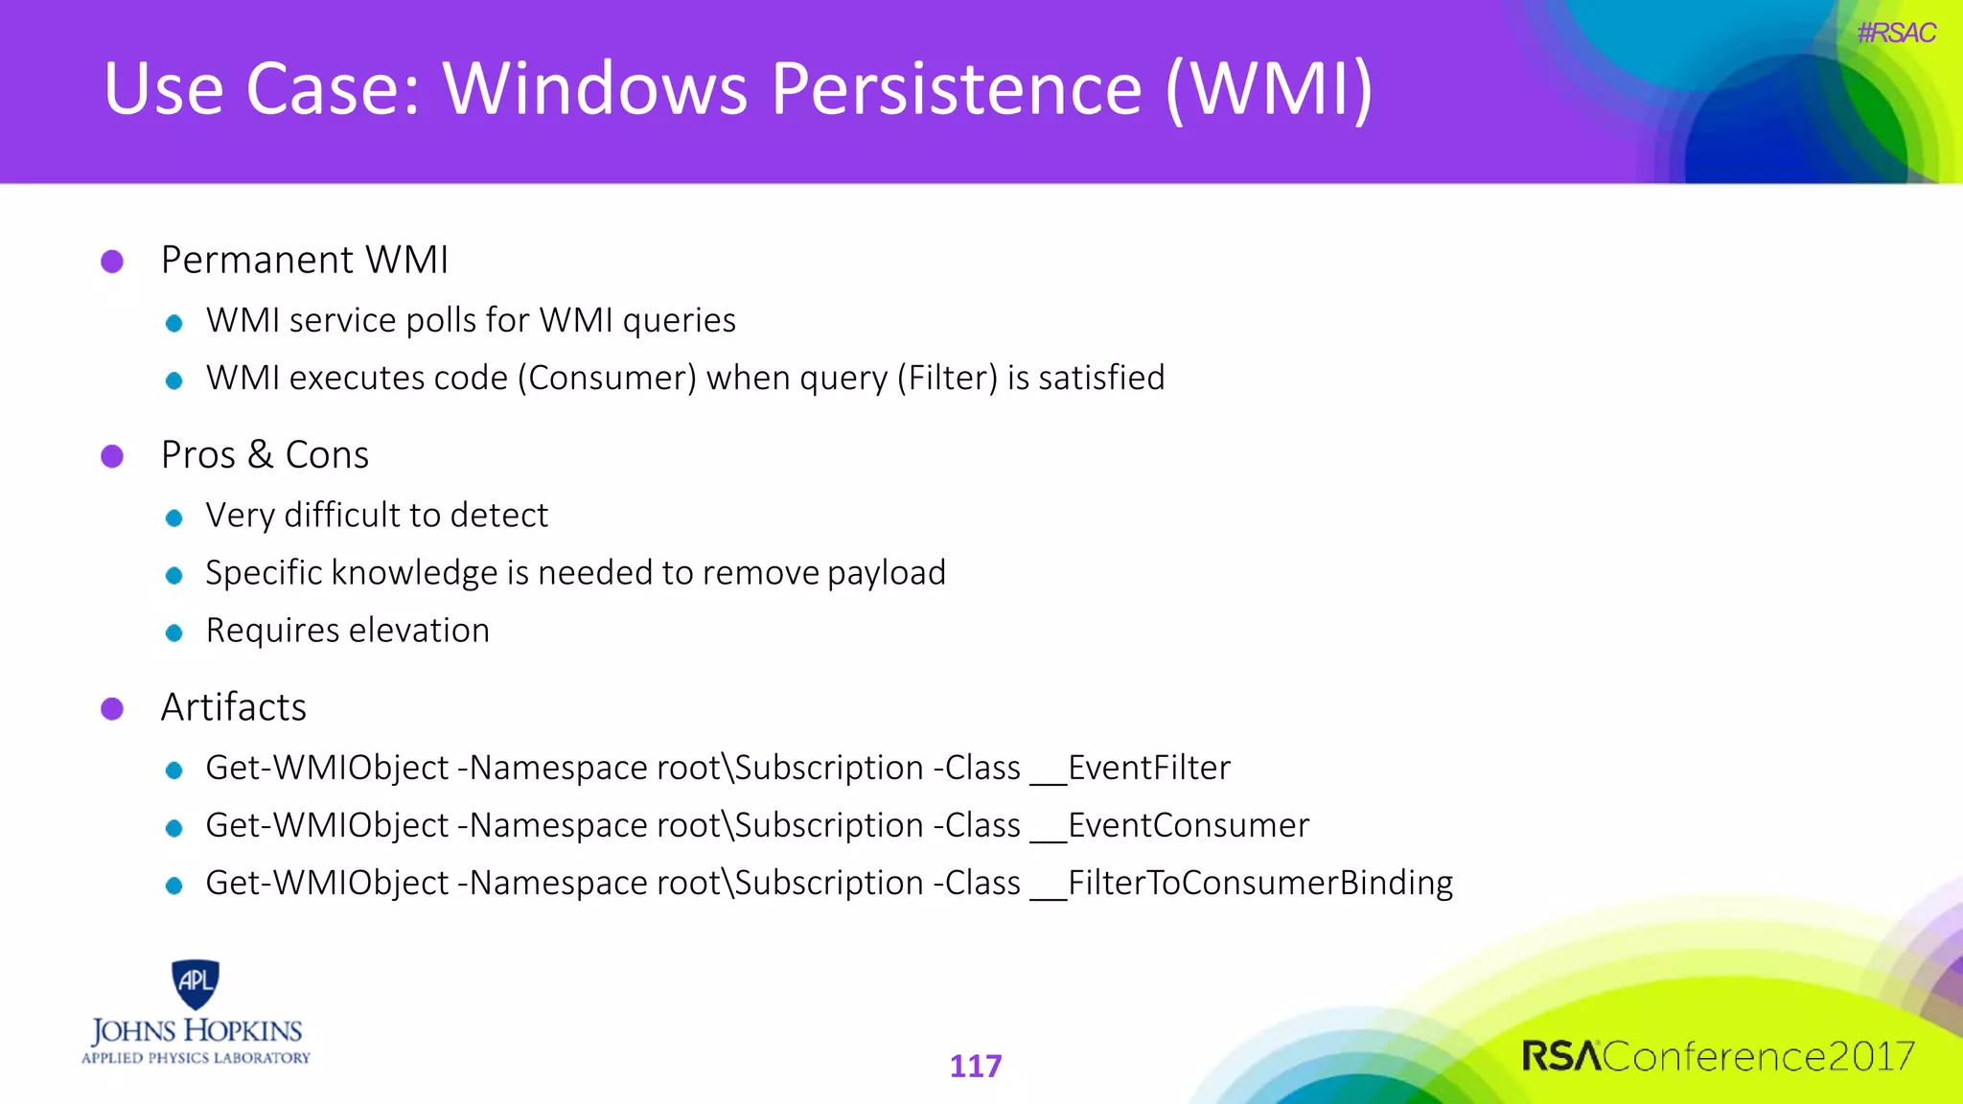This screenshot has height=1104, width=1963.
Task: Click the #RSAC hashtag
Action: point(1895,34)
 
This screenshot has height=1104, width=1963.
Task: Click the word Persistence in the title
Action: point(956,89)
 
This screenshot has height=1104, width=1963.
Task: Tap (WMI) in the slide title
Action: point(1269,89)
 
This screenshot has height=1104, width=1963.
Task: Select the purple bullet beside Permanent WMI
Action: point(112,262)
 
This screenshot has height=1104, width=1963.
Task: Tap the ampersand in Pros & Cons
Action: point(260,455)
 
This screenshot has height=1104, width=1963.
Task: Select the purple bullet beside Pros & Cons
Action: point(112,456)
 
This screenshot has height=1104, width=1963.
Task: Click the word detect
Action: point(498,516)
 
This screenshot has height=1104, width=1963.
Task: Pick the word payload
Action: point(887,574)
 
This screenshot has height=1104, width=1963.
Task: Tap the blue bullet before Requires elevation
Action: point(173,633)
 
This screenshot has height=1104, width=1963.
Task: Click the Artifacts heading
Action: point(233,707)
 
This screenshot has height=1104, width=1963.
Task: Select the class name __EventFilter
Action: point(1131,769)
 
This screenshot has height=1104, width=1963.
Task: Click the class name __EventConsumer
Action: point(1170,826)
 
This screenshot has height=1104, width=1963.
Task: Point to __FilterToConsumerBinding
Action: point(1242,884)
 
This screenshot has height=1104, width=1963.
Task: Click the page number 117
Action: point(975,1066)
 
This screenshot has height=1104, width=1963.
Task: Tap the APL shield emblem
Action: point(196,983)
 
